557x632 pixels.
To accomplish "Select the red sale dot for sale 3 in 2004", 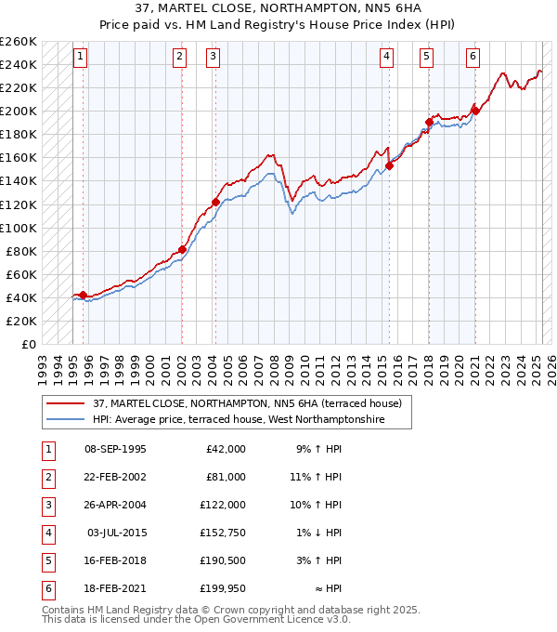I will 215,202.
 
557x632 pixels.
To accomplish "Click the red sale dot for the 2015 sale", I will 389,166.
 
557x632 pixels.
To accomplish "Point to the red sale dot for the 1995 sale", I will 83,296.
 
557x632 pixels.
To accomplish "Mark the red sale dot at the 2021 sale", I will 475,111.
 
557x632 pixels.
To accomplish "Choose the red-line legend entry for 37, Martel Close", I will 247,403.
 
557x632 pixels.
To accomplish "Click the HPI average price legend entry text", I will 251,420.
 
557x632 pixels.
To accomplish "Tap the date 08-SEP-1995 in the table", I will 115,449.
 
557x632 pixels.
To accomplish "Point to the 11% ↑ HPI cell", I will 316,476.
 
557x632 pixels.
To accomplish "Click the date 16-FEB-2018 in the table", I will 115,561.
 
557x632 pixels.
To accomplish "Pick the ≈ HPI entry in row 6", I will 329,588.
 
